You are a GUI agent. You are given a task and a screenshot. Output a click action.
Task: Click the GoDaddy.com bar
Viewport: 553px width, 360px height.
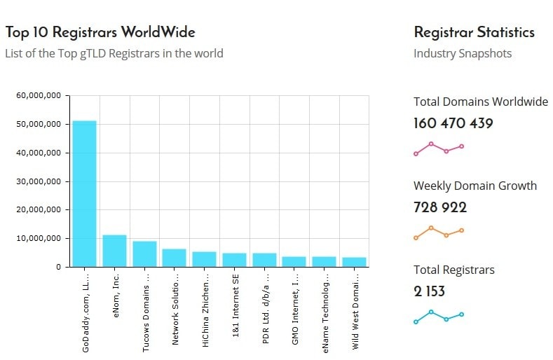(x=85, y=194)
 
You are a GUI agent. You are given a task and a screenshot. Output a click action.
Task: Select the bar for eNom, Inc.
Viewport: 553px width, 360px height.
(x=114, y=251)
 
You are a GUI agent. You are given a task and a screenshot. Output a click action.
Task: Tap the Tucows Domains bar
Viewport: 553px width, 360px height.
(x=144, y=254)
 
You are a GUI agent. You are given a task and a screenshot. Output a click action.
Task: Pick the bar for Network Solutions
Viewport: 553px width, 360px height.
(x=174, y=258)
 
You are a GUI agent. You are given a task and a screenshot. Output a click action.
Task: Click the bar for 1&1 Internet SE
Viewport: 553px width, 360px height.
(x=234, y=260)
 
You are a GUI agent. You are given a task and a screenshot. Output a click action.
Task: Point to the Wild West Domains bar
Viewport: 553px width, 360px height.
(x=354, y=262)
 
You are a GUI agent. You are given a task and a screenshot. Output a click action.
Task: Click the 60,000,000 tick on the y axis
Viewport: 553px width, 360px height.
(x=41, y=95)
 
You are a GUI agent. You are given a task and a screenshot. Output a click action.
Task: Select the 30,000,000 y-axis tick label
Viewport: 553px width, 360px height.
(x=41, y=181)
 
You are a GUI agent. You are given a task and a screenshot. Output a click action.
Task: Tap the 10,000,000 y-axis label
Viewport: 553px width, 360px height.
(x=41, y=239)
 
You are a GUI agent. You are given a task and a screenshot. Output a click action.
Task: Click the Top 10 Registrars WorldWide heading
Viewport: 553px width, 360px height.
(x=100, y=32)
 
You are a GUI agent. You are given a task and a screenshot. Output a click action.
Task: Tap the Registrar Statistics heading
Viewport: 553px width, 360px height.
(x=474, y=32)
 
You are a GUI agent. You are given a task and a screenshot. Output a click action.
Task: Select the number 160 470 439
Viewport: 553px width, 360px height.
(x=453, y=124)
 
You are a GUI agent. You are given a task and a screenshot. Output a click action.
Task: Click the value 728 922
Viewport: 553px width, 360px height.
(x=440, y=207)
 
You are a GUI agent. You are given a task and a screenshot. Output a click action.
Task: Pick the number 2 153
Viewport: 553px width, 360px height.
(x=429, y=291)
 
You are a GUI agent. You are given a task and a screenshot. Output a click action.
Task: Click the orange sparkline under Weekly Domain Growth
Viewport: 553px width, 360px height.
(x=439, y=233)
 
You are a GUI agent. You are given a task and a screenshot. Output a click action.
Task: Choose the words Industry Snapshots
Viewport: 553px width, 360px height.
(x=463, y=54)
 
